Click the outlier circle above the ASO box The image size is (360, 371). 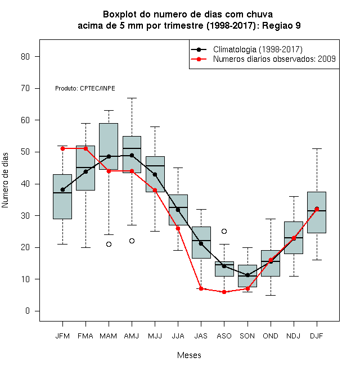pyautogui.click(x=224, y=231)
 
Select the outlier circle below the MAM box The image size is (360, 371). pyautogui.click(x=109, y=244)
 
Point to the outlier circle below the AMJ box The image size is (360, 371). pyautogui.click(x=132, y=241)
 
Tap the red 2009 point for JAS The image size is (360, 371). pyautogui.click(x=201, y=288)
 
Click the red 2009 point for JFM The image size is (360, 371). pyautogui.click(x=62, y=148)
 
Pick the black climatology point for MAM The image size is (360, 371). pyautogui.click(x=109, y=156)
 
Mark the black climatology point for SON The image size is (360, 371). pyautogui.click(x=247, y=275)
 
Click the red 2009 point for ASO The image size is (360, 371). pyautogui.click(x=224, y=292)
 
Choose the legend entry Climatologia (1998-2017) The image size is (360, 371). pyautogui.click(x=247, y=49)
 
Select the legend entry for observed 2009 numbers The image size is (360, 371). pyautogui.click(x=263, y=59)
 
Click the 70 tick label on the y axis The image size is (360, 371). pyautogui.click(x=25, y=88)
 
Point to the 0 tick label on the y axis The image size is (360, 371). pyautogui.click(x=28, y=311)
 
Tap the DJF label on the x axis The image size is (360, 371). pyautogui.click(x=317, y=336)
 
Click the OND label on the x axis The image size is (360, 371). pyautogui.click(x=271, y=336)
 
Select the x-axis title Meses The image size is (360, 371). pyautogui.click(x=189, y=355)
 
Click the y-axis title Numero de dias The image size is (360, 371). pyautogui.click(x=5, y=180)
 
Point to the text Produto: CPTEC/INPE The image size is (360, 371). pyautogui.click(x=85, y=88)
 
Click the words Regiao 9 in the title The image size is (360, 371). pyautogui.click(x=281, y=25)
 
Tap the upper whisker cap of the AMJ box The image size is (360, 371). pyautogui.click(x=132, y=98)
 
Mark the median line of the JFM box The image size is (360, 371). pyautogui.click(x=62, y=193)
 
